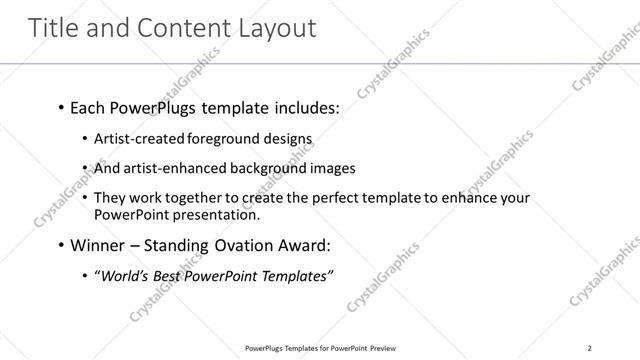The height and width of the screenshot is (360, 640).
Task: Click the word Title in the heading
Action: tap(54, 28)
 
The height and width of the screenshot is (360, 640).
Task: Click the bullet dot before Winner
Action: tap(61, 245)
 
